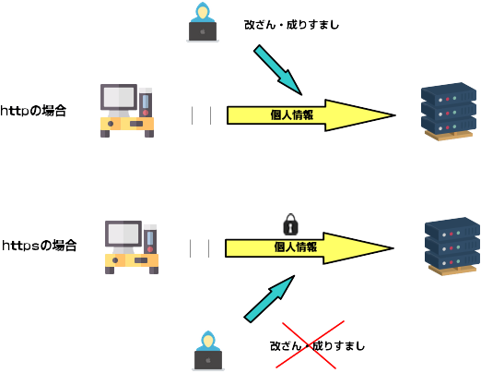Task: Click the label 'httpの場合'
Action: point(33,111)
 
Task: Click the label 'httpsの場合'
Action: point(40,246)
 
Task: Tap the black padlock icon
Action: point(290,224)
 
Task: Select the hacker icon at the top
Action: point(203,22)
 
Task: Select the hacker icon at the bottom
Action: point(208,351)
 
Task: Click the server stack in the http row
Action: point(449,112)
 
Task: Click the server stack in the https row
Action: point(452,247)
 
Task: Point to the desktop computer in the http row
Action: point(127,111)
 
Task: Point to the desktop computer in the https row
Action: point(132,247)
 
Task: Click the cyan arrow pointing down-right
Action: point(277,70)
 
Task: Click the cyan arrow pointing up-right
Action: point(269,299)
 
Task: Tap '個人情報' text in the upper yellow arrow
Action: point(292,115)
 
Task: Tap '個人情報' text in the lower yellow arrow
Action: point(296,247)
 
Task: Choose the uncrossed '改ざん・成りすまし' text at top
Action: point(292,25)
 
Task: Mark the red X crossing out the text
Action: point(310,344)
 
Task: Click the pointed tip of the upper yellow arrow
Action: point(395,115)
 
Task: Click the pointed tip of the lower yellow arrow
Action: point(393,248)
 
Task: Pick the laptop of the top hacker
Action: point(203,31)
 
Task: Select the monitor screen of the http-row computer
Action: point(119,97)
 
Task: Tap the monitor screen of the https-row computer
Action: point(123,234)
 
